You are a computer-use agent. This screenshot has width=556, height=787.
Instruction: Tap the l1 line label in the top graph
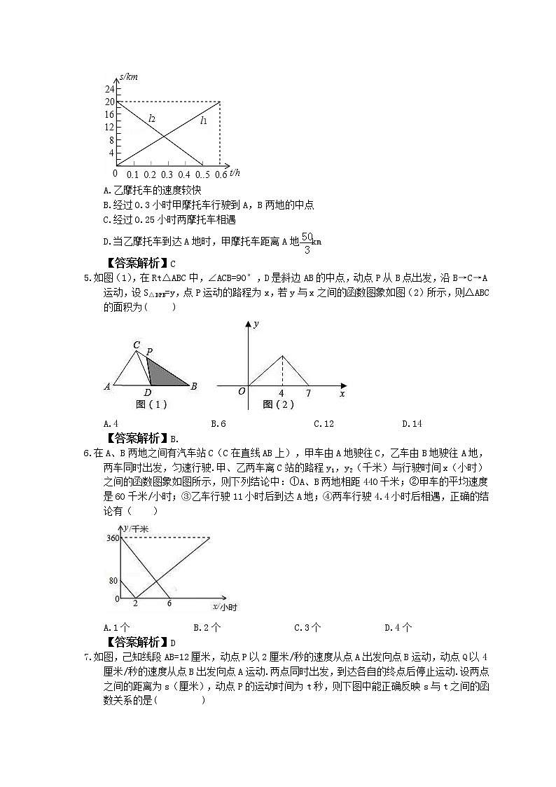click(204, 121)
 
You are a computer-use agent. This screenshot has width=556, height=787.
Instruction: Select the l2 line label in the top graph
click(151, 119)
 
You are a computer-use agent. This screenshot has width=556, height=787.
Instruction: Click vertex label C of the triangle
click(137, 345)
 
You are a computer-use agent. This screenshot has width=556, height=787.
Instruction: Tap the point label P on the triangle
click(150, 351)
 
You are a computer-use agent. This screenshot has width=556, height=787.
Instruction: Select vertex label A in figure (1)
click(107, 386)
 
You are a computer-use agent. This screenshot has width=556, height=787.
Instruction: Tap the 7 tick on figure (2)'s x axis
click(308, 393)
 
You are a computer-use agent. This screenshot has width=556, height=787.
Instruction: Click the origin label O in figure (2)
click(241, 391)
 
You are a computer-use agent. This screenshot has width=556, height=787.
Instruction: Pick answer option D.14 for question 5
click(412, 423)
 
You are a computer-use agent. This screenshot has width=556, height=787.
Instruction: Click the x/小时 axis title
click(223, 607)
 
